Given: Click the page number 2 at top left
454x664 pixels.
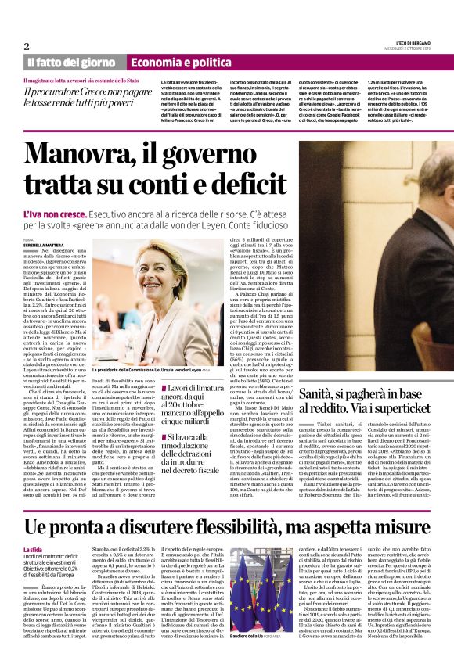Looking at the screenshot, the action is tap(27, 46).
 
